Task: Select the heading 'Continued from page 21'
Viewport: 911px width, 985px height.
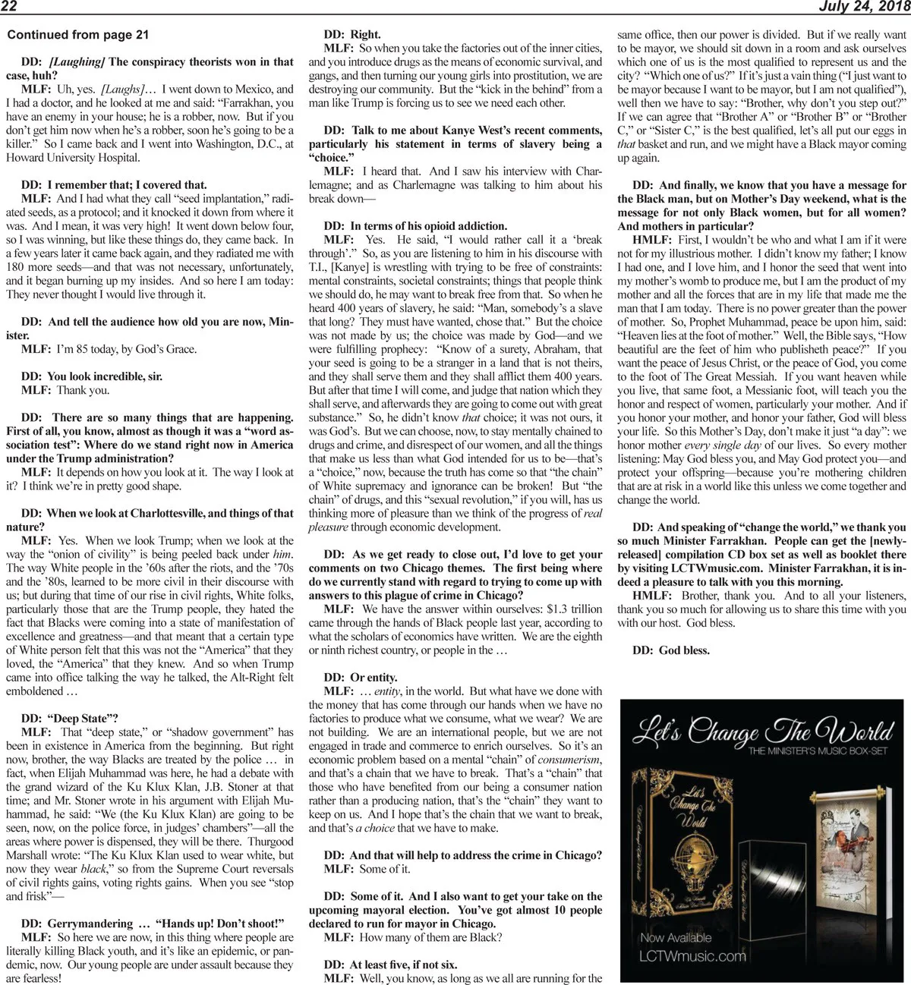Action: [77, 35]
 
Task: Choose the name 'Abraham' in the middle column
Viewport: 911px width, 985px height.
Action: [559, 349]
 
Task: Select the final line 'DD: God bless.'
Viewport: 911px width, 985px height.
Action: [670, 650]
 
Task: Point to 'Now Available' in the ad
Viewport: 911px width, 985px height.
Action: [676, 937]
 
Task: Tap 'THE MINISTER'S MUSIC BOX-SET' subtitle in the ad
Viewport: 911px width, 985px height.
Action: [820, 751]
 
